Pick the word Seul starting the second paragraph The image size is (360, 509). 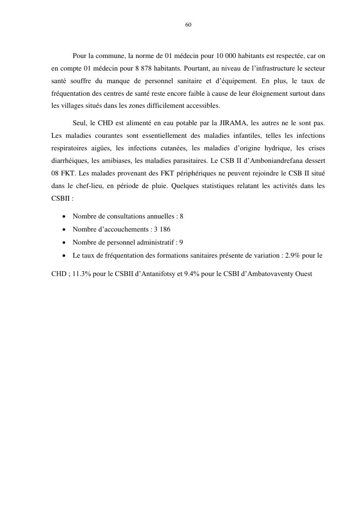80,123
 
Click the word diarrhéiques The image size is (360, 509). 69,160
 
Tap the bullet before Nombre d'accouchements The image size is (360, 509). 64,230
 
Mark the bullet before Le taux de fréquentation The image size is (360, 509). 64,255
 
